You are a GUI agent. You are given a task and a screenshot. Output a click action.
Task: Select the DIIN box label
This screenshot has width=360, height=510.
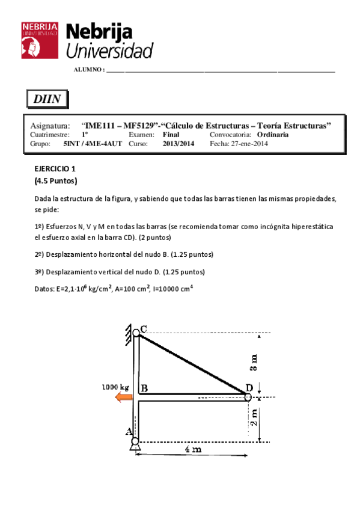[47, 99]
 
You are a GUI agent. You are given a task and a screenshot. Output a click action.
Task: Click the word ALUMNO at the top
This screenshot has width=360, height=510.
[88, 70]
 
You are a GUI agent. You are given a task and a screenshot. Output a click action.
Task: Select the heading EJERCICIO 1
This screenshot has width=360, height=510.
[55, 169]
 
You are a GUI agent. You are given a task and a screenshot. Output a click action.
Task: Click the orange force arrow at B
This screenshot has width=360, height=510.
[124, 396]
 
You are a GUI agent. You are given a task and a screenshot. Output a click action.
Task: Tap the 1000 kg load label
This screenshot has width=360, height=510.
[115, 387]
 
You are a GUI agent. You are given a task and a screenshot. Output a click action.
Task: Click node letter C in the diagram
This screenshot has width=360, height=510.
[143, 329]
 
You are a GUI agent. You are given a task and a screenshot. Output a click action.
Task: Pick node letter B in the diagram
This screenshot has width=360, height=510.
[144, 388]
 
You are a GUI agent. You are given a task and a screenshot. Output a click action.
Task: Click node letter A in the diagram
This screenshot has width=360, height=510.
[128, 431]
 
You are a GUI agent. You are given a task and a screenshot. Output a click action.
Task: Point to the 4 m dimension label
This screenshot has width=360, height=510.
[193, 450]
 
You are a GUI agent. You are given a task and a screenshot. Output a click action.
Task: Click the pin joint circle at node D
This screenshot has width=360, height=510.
[248, 396]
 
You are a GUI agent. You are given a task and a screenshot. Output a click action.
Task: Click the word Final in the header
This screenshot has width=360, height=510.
[171, 135]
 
